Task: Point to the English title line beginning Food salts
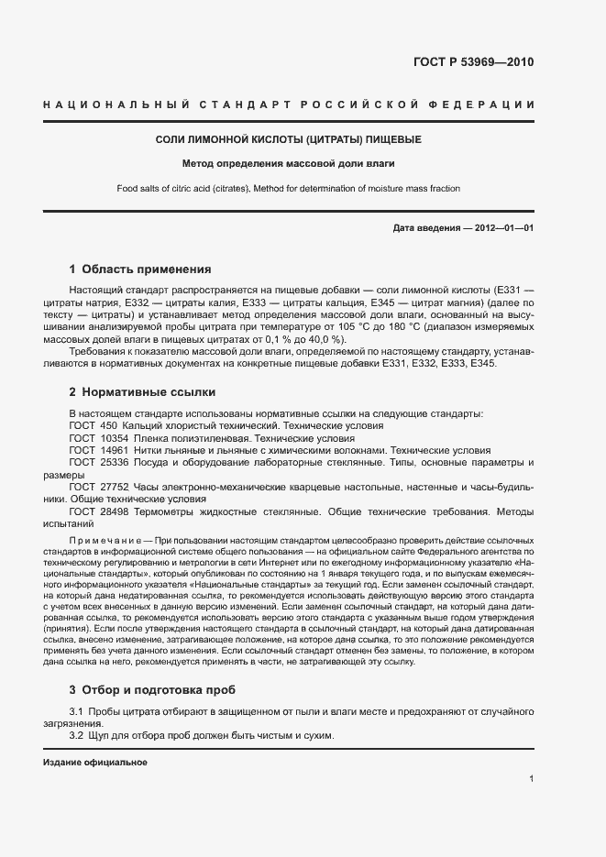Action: tap(288, 189)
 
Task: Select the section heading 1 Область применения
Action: tap(140, 269)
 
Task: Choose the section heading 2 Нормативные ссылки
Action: tap(142, 391)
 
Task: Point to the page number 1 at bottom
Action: tap(531, 779)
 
